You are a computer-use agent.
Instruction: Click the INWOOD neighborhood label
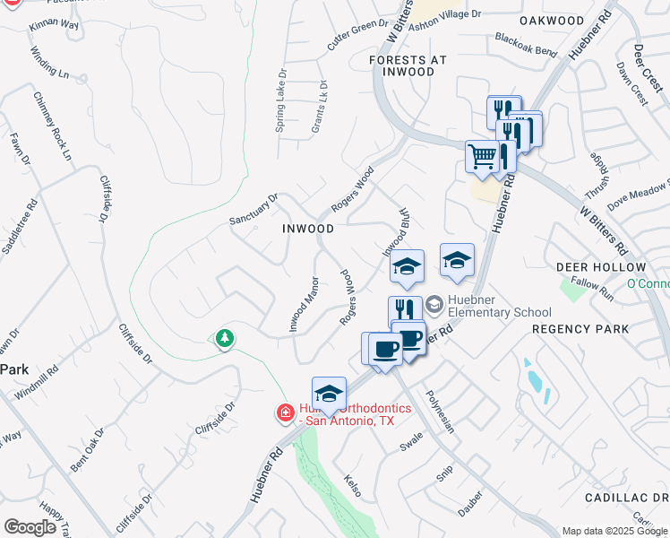[x=308, y=229]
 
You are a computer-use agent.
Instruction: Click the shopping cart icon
[x=482, y=156]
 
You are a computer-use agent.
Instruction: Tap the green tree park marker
[x=224, y=339]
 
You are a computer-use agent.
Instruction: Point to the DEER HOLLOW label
[x=600, y=267]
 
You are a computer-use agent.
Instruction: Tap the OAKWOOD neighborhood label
[x=552, y=20]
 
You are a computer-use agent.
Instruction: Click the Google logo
[x=30, y=527]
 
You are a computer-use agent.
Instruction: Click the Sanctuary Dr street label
[x=254, y=209]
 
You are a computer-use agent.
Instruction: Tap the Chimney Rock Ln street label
[x=52, y=126]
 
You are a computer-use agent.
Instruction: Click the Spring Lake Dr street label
[x=280, y=103]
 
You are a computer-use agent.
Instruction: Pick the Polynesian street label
[x=441, y=412]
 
